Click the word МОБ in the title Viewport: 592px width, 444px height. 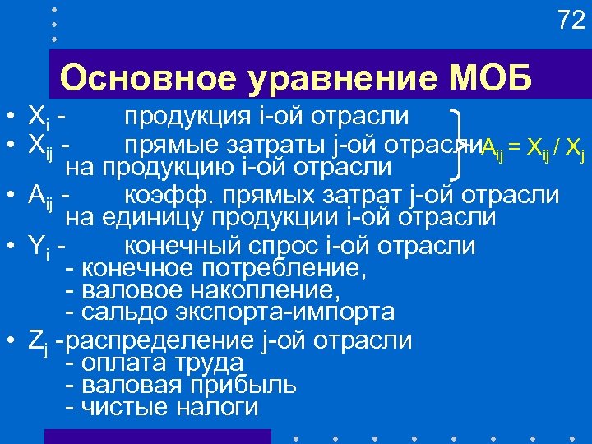[491, 78]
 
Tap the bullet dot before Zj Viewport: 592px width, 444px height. [12, 340]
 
